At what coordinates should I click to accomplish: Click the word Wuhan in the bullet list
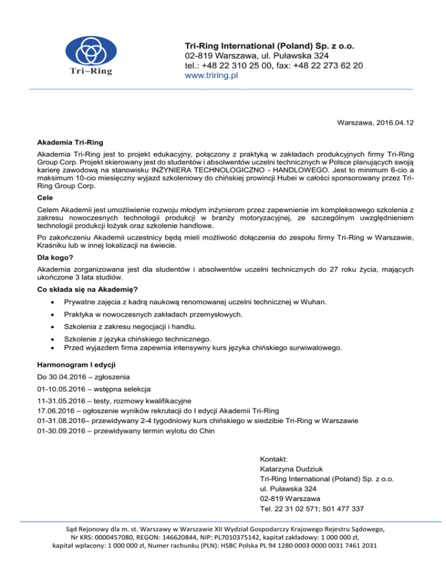(314, 302)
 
